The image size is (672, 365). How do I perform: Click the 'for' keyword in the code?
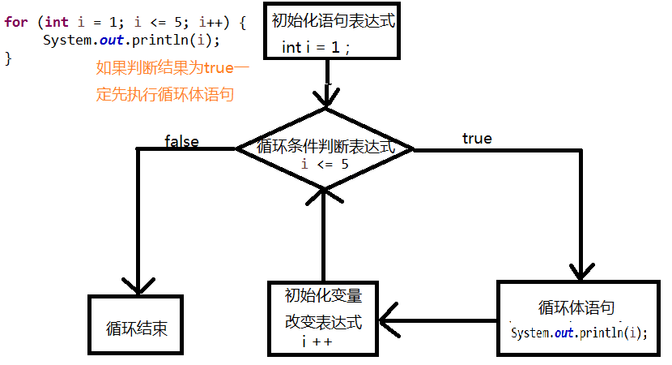coord(15,22)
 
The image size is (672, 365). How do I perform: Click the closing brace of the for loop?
coord(8,58)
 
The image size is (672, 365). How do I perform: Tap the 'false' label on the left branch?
coord(181,141)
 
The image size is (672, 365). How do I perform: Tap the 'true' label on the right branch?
coord(477,139)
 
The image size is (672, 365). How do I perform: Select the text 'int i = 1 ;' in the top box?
coord(316,47)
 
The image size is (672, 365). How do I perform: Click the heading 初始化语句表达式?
coord(333,21)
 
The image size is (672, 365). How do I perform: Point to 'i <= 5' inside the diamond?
coord(325,164)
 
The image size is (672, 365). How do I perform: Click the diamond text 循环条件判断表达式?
coord(325,147)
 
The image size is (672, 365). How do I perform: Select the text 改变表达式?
coord(323,320)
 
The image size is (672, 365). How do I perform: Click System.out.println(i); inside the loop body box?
coord(580,333)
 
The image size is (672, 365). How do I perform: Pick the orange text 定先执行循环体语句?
coord(164,94)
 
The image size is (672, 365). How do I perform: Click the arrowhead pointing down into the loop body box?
coord(582,272)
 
